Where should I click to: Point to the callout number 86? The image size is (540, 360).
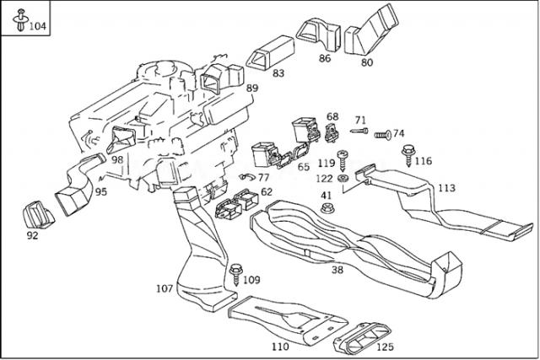tap(325, 58)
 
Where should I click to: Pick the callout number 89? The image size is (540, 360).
tap(252, 89)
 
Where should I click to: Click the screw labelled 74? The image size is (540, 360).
tap(381, 134)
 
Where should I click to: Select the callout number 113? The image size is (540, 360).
tap(446, 188)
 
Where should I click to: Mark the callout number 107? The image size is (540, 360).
tap(165, 289)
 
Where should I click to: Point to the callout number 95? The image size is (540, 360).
tap(100, 192)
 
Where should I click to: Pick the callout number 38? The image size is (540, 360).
tap(337, 271)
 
